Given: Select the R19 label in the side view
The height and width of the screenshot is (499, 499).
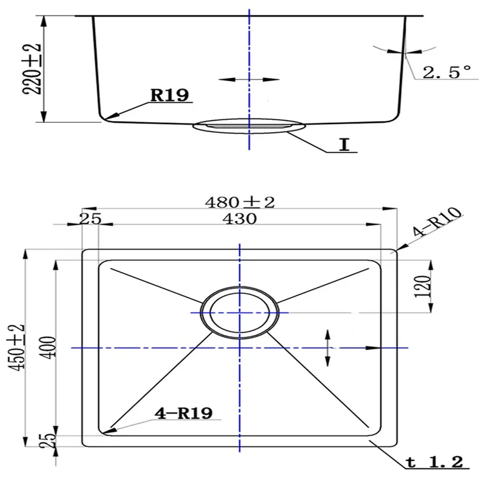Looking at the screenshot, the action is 170,95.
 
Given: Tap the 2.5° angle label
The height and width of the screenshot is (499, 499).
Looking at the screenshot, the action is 446,72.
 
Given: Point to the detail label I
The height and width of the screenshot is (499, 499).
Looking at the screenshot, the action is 344,145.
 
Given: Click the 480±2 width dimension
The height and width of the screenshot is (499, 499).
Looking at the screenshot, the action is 240,202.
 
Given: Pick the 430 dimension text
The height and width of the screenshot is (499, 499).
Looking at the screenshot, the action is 240,219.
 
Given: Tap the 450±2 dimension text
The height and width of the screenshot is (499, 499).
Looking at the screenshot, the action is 16,347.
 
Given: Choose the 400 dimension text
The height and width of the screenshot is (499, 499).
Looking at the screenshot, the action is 49,347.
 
